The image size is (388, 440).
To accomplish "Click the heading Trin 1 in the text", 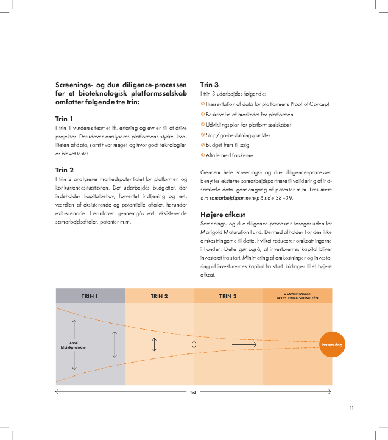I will pyautogui.click(x=64, y=119).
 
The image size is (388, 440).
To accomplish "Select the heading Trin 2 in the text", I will pyautogui.click(x=64, y=170).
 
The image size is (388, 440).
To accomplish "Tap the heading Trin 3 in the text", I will pyautogui.click(x=210, y=85).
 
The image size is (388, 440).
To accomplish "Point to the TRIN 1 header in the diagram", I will pyautogui.click(x=90, y=296).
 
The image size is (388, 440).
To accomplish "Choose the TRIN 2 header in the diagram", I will pyautogui.click(x=159, y=296).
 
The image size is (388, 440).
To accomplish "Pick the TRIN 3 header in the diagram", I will pyautogui.click(x=228, y=296).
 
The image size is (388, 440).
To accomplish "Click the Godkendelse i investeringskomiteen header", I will pyautogui.click(x=297, y=296).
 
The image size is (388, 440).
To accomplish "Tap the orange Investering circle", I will pyautogui.click(x=332, y=345).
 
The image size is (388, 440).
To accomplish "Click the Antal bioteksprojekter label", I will pyautogui.click(x=74, y=344).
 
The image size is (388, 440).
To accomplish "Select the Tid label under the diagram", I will pyautogui.click(x=193, y=392).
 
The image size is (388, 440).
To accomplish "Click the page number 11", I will pyautogui.click(x=351, y=408).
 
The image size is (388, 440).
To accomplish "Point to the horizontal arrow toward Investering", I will pyautogui.click(x=244, y=345).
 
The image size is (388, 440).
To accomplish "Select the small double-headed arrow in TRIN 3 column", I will pyautogui.click(x=194, y=345).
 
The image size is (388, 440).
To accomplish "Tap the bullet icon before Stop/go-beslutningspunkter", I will pyautogui.click(x=203, y=135).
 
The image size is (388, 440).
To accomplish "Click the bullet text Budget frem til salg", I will pyautogui.click(x=228, y=146).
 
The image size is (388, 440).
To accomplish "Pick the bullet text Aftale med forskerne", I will pyautogui.click(x=230, y=156).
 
